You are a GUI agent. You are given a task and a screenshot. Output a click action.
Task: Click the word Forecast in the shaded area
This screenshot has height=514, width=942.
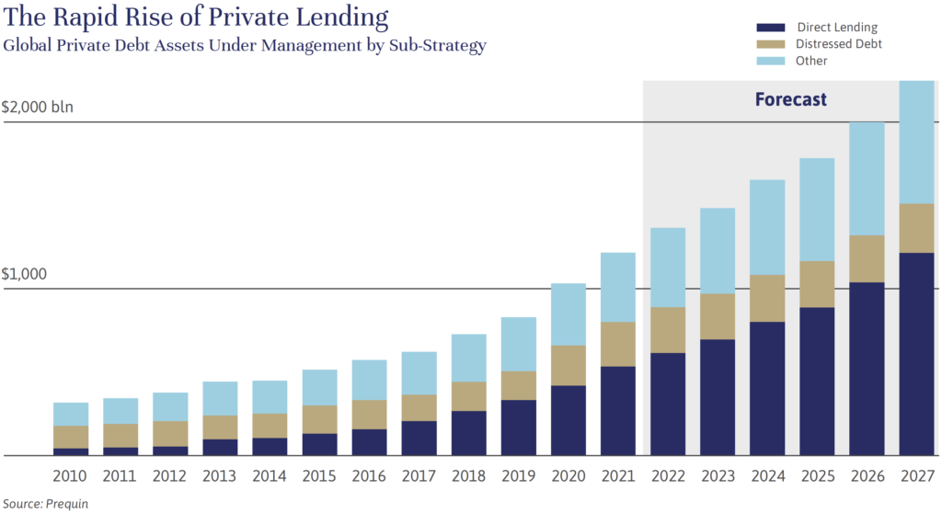791,99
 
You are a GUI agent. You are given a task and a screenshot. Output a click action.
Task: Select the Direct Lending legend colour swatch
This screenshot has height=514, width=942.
770,28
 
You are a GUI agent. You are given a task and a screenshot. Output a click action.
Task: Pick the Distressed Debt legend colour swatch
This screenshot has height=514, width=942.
770,44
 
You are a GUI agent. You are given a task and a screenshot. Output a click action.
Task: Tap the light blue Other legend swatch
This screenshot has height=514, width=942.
770,61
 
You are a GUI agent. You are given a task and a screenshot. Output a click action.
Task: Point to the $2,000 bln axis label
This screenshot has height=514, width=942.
38,107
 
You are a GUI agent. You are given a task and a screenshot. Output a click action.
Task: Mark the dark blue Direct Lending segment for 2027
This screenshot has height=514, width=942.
916,354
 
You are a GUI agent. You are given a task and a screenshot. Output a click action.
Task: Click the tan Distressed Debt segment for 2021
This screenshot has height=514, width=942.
618,344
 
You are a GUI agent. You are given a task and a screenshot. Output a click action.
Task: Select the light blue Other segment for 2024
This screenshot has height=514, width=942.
767,227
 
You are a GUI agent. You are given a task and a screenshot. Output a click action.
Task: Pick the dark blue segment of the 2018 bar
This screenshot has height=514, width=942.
469,433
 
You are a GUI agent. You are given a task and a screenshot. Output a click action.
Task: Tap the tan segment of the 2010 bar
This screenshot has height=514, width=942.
72,437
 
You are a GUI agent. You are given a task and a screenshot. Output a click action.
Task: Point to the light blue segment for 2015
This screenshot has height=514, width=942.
320,387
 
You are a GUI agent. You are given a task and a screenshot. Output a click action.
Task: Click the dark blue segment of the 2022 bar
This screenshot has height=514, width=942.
668,404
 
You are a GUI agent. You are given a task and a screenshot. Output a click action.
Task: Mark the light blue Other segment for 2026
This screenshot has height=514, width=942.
867,178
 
